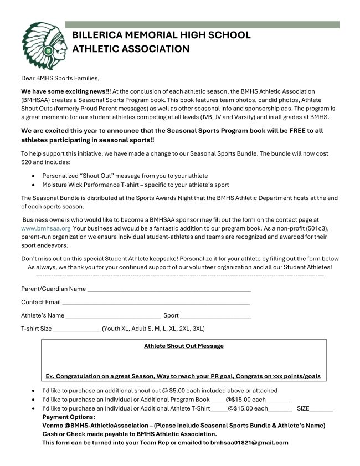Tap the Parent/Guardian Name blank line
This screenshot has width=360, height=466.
(169, 289)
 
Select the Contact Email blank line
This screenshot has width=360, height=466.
(156, 303)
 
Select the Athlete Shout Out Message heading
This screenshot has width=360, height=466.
(183, 346)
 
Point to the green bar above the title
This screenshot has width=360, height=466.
(202, 24)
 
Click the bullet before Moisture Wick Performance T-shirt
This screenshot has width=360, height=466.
(35, 185)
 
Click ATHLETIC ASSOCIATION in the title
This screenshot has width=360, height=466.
(131, 49)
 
